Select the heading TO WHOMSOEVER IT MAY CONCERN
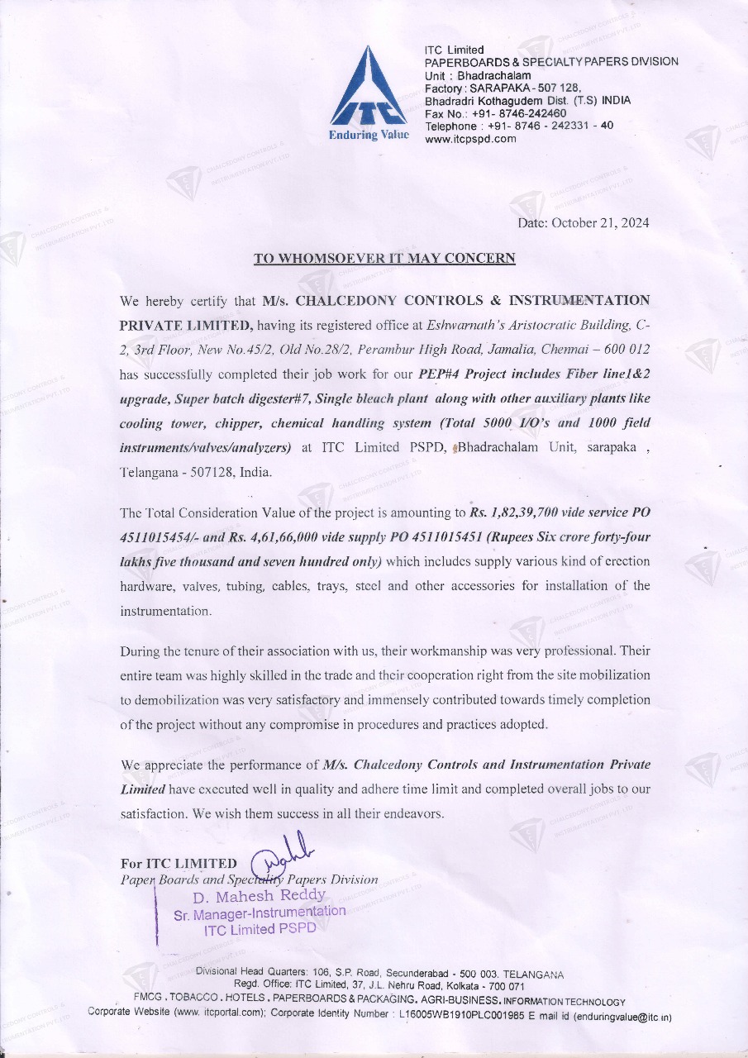point(384,259)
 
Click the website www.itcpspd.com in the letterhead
point(470,138)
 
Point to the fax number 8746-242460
point(519,113)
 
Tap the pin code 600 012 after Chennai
point(624,349)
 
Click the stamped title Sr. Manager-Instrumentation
point(260,913)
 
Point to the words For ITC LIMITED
point(179,865)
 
